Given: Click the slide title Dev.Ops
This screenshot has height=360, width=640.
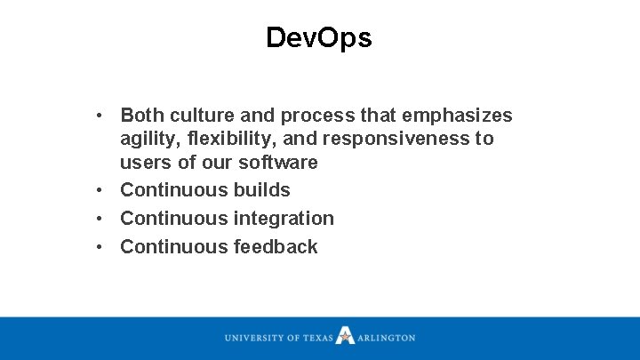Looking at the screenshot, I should tap(319, 37).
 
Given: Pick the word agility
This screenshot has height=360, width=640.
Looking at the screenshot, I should tap(148, 140).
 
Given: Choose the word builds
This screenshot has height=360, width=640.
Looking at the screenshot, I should tap(262, 190).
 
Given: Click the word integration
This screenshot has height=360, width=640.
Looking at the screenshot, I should tap(284, 219).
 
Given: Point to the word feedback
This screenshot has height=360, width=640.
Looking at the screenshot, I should tap(276, 247).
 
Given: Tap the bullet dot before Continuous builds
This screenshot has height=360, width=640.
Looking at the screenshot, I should tap(103, 190).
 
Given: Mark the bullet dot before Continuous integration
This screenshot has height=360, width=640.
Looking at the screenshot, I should tap(103, 219).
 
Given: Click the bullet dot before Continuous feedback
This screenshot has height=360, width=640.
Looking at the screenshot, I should tap(103, 247).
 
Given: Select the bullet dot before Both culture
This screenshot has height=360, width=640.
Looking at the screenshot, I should tap(103, 116).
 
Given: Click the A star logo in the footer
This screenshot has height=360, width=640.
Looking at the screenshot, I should tap(345, 337).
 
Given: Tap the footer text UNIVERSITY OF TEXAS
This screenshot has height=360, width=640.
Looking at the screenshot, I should tap(278, 338).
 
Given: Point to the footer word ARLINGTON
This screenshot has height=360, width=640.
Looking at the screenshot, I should tap(387, 338).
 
